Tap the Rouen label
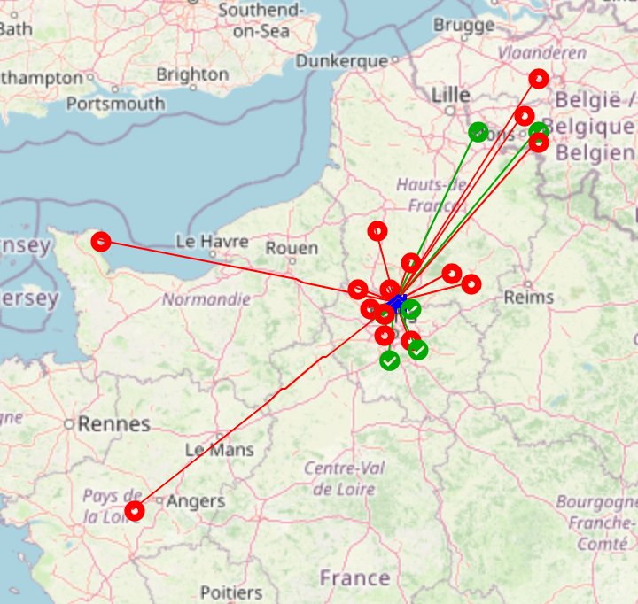tap(292, 248)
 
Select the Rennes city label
tap(113, 424)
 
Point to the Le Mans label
tap(219, 450)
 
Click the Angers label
tap(196, 501)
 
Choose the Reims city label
tap(528, 297)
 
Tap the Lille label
tap(451, 95)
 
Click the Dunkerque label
tap(342, 61)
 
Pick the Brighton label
tap(192, 74)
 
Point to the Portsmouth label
tap(115, 104)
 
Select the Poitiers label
tap(231, 592)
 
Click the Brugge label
tap(464, 26)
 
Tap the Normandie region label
tap(206, 299)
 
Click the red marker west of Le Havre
tap(101, 241)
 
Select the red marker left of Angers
tap(134, 510)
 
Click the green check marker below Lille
tap(478, 132)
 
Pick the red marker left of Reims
tap(471, 283)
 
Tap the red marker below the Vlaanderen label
tap(539, 79)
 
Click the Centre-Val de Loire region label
tap(344, 478)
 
